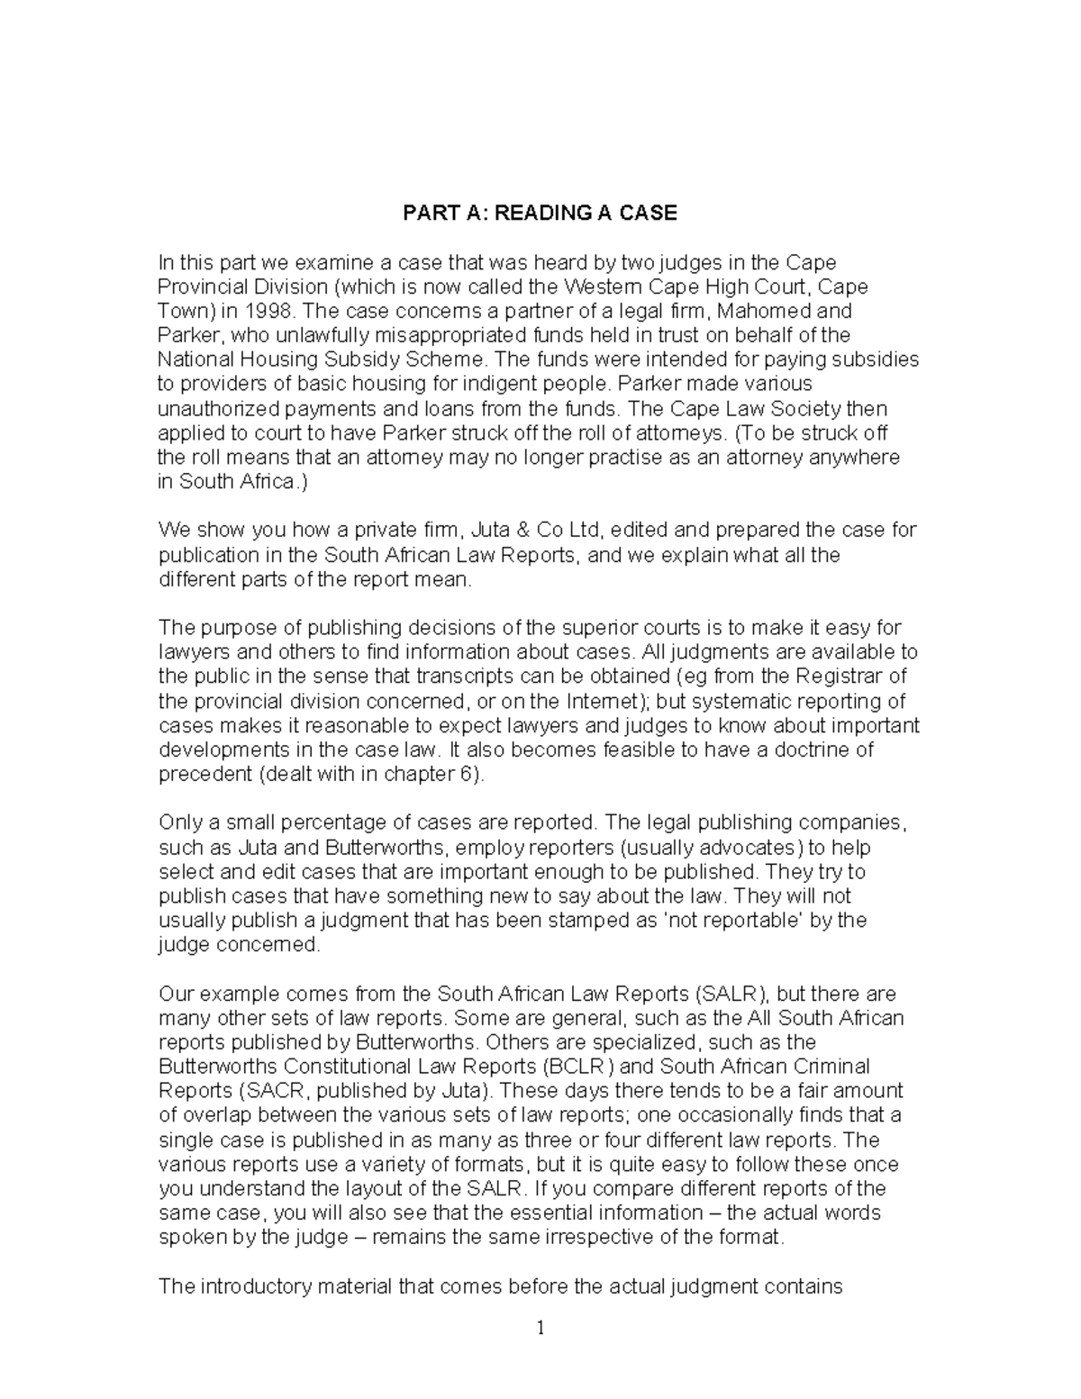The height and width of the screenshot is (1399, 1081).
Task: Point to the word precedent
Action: [x=204, y=774]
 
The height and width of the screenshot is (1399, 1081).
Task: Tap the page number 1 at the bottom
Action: [x=540, y=1329]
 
